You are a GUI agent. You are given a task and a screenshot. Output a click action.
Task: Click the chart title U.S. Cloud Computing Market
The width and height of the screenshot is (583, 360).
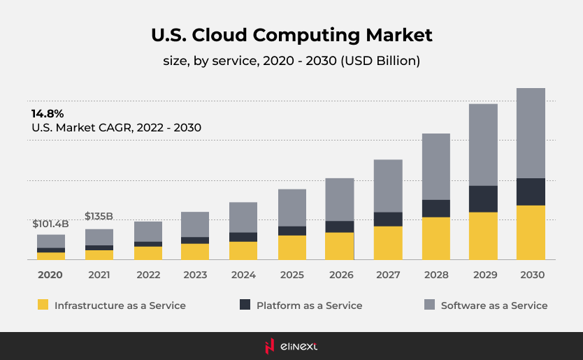[291, 35]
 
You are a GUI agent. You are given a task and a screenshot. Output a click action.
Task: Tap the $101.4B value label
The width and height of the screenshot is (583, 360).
[50, 224]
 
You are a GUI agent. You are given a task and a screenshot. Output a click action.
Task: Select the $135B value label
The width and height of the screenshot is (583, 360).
[99, 216]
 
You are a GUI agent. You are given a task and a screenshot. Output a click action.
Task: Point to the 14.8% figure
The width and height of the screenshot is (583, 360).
[48, 113]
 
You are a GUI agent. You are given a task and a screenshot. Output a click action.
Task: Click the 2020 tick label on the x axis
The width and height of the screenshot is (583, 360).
[50, 275]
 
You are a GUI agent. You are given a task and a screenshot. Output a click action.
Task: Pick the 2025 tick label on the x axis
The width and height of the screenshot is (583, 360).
[292, 275]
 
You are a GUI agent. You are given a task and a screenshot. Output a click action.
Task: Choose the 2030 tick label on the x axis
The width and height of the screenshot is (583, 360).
[531, 275]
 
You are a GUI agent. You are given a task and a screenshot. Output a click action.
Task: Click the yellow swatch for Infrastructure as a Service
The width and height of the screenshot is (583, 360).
[43, 305]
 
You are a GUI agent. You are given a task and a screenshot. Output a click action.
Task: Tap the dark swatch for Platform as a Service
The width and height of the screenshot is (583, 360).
[245, 305]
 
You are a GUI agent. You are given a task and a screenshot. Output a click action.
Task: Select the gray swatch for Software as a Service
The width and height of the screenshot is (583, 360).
[429, 305]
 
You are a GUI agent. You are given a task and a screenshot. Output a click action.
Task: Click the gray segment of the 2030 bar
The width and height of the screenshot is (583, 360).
[531, 133]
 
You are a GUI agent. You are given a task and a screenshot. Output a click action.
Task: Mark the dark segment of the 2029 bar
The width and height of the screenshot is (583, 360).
[483, 199]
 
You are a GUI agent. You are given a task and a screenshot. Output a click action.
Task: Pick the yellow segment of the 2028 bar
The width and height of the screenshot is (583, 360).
[436, 238]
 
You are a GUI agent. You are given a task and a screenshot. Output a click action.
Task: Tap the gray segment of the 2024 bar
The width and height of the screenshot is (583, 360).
[243, 217]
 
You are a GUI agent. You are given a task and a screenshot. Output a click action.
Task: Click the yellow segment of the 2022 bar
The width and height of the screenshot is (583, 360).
[148, 252]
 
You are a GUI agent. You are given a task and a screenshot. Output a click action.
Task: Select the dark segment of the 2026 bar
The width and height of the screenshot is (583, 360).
[340, 226]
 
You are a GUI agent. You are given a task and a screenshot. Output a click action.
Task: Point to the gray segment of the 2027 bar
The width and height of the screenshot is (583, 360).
[388, 185]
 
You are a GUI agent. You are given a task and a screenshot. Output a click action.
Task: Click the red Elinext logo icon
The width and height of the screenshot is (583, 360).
[269, 345]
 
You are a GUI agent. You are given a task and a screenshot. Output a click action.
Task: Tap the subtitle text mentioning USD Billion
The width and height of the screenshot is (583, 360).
[291, 61]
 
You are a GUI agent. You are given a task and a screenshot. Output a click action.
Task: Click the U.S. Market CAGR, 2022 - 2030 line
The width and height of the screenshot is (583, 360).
[116, 128]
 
